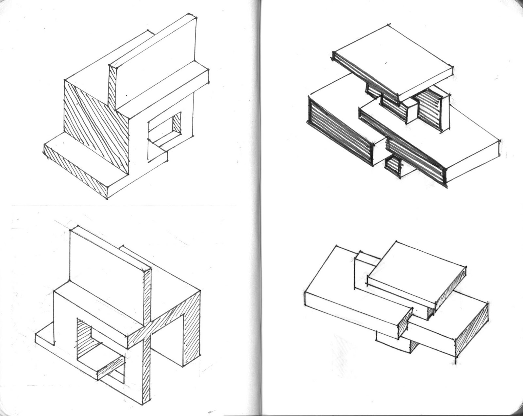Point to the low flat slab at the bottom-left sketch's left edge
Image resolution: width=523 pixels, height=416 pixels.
coord(44,340)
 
